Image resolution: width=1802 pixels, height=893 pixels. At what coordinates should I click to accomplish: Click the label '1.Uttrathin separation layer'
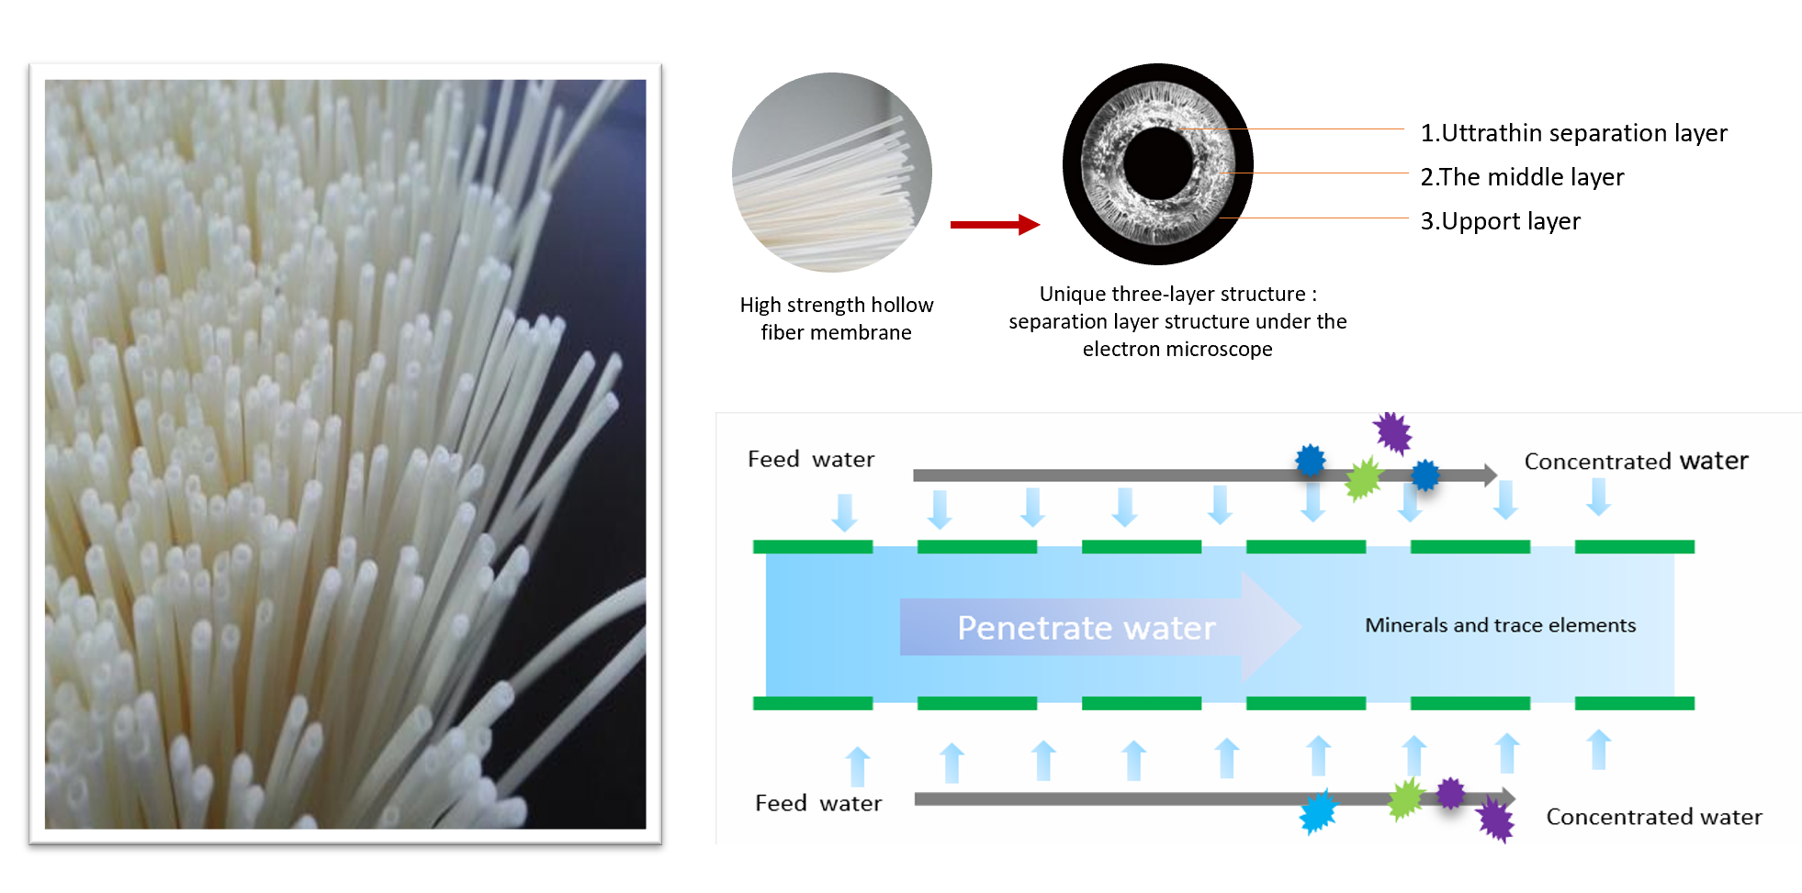[x=1573, y=133]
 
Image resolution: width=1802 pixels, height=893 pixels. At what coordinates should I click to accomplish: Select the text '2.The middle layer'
[x=1522, y=177]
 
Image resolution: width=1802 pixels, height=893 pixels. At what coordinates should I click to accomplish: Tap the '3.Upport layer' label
[x=1500, y=221]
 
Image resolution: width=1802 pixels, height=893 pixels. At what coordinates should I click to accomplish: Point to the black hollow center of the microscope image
[x=1157, y=163]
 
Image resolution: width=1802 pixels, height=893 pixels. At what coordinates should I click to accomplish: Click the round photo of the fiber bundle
[x=831, y=173]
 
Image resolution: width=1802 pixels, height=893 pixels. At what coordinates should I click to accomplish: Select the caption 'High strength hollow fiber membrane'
[x=836, y=318]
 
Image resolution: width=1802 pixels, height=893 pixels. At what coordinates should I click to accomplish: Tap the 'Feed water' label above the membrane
[x=810, y=459]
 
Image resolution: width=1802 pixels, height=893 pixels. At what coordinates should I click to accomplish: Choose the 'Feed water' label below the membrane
[x=817, y=804]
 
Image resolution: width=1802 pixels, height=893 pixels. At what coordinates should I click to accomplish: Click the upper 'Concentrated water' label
[x=1636, y=461]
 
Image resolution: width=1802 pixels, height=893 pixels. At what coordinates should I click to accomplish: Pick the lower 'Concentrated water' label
[x=1653, y=817]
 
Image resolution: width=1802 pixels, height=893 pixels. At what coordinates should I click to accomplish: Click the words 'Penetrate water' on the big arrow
[x=1086, y=628]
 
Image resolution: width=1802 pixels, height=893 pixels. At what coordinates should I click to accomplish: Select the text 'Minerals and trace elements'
[x=1500, y=625]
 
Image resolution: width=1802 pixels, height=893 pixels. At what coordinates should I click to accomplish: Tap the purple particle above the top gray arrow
[x=1392, y=432]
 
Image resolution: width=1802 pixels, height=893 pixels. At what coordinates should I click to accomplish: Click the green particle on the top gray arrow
[x=1363, y=478]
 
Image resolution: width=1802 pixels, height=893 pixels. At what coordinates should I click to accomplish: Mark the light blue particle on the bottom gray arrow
[x=1318, y=811]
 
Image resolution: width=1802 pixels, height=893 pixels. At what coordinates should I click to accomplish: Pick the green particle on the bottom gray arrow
[x=1405, y=798]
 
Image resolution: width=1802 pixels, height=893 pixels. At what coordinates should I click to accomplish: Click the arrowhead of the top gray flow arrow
[x=1490, y=474]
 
